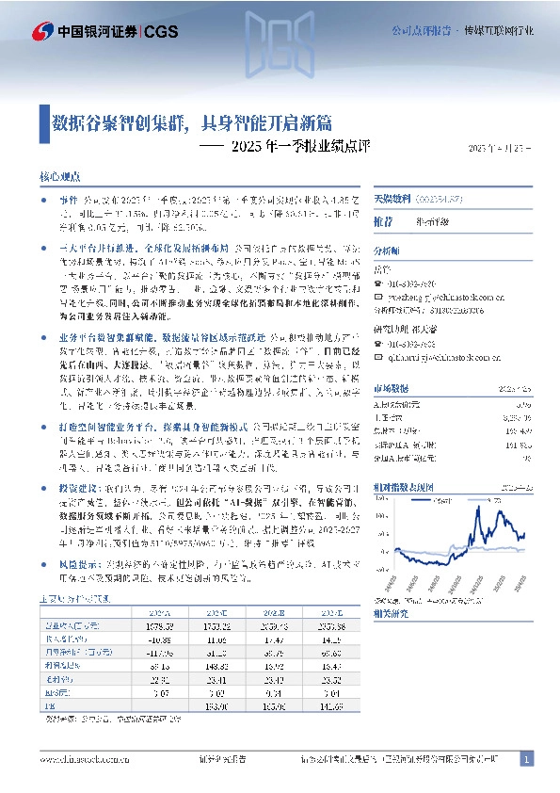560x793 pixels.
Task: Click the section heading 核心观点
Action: coord(59,176)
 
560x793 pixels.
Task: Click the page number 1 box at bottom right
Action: coord(526,758)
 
